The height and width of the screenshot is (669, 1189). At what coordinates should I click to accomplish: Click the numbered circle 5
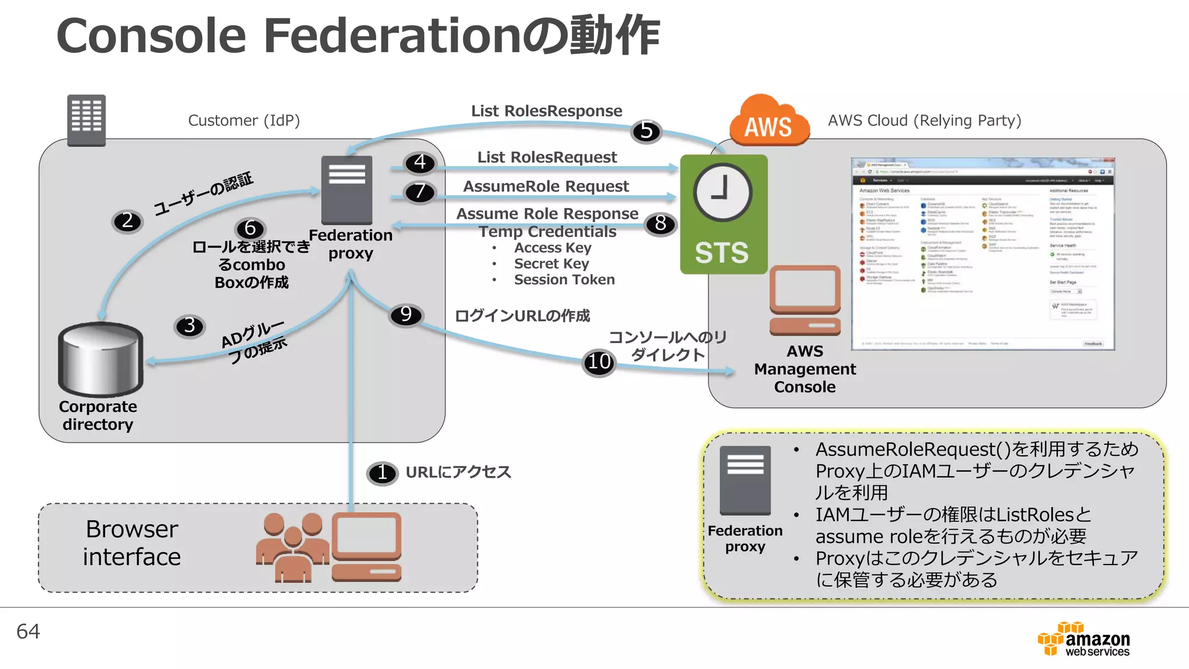(646, 131)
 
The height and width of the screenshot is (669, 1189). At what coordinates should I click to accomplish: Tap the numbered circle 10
(599, 362)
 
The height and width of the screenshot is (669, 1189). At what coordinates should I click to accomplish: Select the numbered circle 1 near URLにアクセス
(382, 473)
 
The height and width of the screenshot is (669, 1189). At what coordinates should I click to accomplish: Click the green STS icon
(723, 214)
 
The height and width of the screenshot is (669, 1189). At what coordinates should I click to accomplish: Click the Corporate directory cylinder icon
(100, 359)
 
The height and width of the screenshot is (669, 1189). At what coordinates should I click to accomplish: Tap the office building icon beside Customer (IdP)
(87, 120)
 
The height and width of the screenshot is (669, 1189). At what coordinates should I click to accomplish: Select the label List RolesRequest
(547, 157)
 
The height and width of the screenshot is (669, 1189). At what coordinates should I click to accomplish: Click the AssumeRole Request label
(546, 186)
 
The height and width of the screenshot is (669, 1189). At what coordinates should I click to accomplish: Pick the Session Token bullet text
(564, 280)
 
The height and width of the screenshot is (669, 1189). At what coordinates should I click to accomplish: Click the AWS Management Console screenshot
(982, 254)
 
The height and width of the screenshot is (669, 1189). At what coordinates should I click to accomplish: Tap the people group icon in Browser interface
(293, 547)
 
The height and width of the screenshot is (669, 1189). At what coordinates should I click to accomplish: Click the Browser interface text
(132, 543)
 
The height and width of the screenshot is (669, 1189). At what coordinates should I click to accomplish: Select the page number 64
(28, 631)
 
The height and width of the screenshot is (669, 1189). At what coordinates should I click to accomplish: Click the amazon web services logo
(1083, 639)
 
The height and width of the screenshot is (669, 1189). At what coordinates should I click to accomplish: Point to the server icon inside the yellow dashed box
(745, 480)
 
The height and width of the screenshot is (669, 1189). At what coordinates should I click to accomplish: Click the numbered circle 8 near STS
(660, 224)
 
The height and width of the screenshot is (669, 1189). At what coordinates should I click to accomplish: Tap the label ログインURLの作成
(522, 316)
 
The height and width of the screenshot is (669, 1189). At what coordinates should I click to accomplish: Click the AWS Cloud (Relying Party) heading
(924, 120)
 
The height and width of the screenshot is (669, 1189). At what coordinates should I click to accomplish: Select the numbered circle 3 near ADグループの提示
(189, 326)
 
